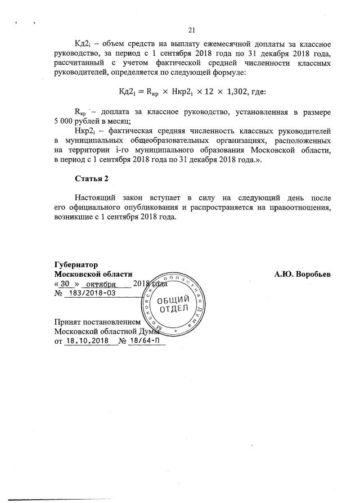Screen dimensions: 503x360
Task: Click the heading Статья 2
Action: pos(91,178)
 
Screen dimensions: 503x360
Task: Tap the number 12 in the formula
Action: pos(200,92)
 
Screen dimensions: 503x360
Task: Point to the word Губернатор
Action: pos(76,265)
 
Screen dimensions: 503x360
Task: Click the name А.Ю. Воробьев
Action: pos(303,274)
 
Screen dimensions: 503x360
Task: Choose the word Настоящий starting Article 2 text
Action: pos(94,199)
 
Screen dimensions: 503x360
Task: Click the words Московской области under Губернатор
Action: pos(93,274)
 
